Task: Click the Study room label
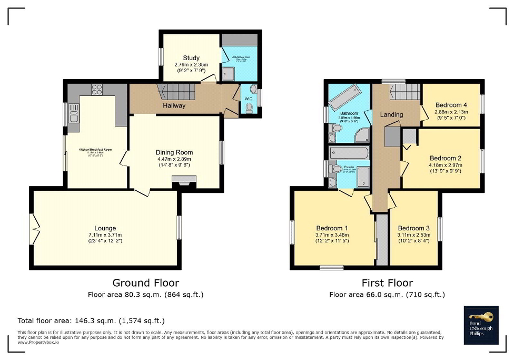(191, 58)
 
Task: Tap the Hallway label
(174, 105)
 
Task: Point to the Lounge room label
(105, 228)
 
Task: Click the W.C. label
(249, 98)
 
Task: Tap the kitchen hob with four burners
(97, 90)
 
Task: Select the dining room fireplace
(184, 182)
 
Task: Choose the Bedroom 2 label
(445, 158)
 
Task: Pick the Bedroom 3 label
(413, 228)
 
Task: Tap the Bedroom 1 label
(331, 228)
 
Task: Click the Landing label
(391, 114)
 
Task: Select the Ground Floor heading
(146, 283)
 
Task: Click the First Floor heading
(387, 283)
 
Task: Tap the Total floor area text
(91, 320)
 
